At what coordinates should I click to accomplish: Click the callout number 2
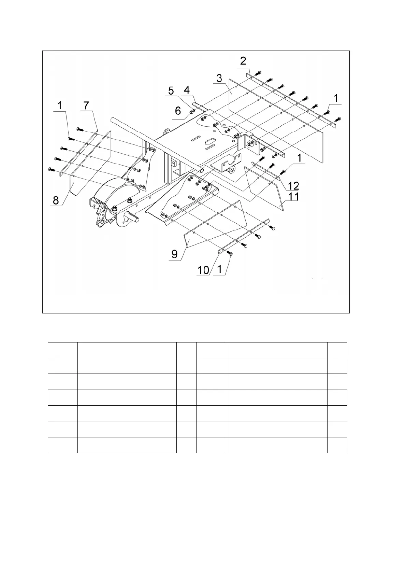click(243, 61)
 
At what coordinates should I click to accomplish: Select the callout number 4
click(187, 90)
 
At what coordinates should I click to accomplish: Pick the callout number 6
click(178, 111)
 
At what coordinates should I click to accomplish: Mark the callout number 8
click(56, 201)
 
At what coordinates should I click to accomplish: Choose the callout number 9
click(174, 254)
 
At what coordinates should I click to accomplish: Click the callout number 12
click(293, 186)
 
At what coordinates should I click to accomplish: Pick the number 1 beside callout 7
click(60, 106)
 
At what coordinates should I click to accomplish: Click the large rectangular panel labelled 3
click(273, 120)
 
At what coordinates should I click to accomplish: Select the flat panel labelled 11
click(264, 186)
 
